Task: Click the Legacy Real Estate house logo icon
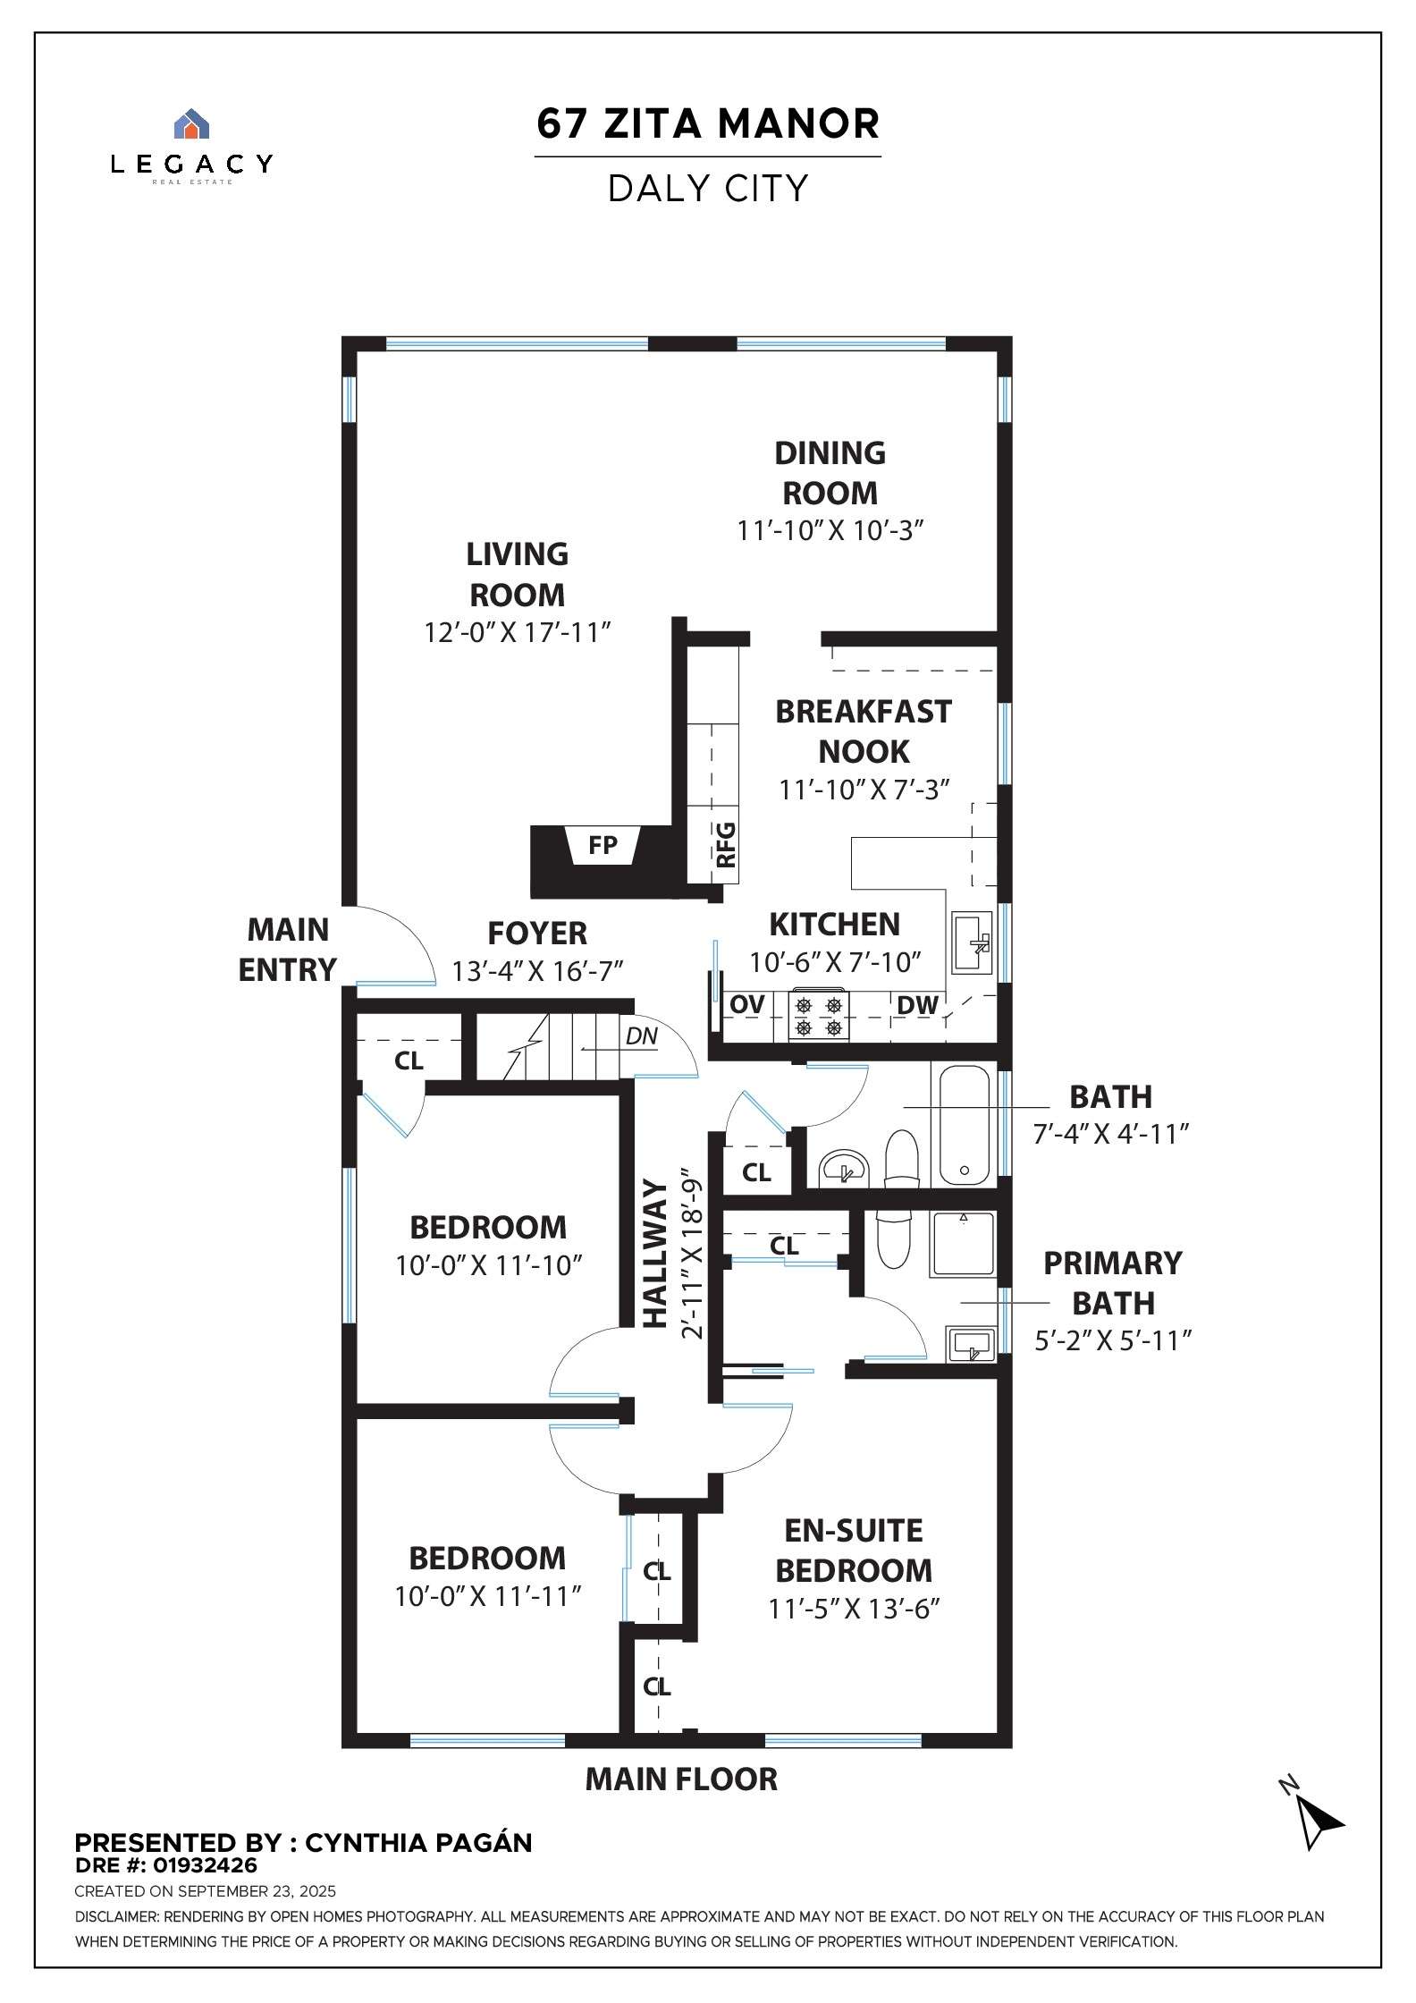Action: click(190, 124)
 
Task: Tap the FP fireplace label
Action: click(603, 845)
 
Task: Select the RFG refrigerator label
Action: click(726, 845)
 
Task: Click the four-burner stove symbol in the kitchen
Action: click(819, 1016)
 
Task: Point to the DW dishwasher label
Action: click(917, 1005)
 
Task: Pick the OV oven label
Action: click(746, 1004)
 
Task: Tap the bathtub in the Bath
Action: click(964, 1124)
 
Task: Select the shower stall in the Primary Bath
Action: click(963, 1244)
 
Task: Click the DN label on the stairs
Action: click(641, 1036)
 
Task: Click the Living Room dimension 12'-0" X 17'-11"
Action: click(517, 632)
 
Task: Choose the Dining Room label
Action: click(830, 473)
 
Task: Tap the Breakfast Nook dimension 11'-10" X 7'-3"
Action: click(864, 790)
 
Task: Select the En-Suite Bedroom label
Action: click(854, 1551)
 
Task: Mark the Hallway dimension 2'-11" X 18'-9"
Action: click(692, 1254)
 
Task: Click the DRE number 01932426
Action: click(205, 1865)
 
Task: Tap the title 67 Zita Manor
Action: click(708, 123)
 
